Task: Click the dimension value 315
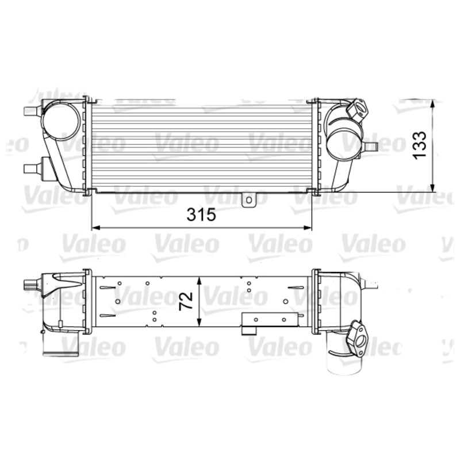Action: tap(201, 215)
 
